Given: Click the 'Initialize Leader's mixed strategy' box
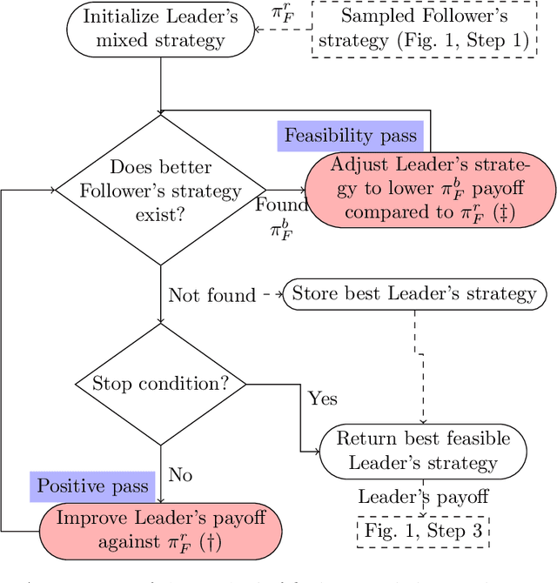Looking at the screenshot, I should tap(160, 29).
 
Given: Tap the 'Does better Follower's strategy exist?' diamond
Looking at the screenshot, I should tap(160, 190).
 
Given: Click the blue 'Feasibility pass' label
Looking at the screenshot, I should tap(351, 136).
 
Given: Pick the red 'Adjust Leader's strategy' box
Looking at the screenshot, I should tap(430, 190).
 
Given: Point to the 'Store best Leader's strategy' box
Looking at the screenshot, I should tap(414, 294).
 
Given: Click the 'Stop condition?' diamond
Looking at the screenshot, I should tap(160, 384).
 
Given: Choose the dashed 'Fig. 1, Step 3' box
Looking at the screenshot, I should tap(423, 530).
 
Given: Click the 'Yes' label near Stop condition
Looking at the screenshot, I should tap(322, 399).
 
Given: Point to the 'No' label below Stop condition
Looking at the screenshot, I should tap(180, 475).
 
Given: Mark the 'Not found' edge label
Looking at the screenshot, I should tap(212, 295).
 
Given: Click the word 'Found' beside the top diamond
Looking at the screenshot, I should tap(281, 205).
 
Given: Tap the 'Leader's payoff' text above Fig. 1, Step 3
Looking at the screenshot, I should tap(423, 497).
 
